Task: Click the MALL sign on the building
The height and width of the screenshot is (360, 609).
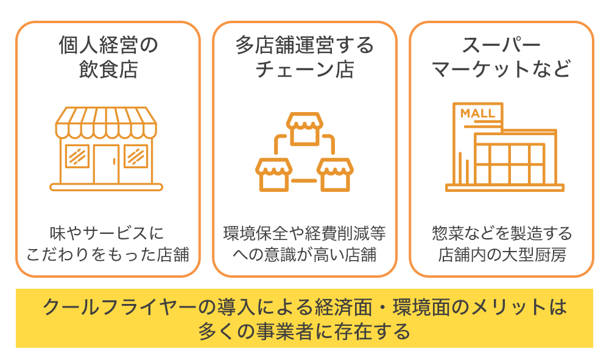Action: pos(477,113)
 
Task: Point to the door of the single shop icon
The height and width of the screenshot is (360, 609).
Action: pos(107,163)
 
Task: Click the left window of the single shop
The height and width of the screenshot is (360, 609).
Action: pos(77,156)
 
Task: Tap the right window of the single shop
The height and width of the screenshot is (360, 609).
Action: pos(136,156)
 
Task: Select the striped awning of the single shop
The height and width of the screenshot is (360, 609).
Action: pos(107,122)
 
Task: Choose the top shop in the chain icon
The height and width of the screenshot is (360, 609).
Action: pos(304,127)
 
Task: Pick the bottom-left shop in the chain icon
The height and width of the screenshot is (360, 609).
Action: pos(273,174)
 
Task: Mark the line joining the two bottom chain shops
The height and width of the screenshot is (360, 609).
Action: pos(304,181)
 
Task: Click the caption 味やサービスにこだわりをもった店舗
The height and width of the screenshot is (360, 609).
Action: pos(108,244)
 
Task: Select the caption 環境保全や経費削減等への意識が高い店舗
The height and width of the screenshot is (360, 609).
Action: pos(304,244)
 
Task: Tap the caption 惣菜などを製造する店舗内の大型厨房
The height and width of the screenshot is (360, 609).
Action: pos(501,244)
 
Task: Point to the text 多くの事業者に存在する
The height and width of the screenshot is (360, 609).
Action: pos(304,332)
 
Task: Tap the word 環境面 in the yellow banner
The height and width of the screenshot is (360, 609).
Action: pos(421,306)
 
